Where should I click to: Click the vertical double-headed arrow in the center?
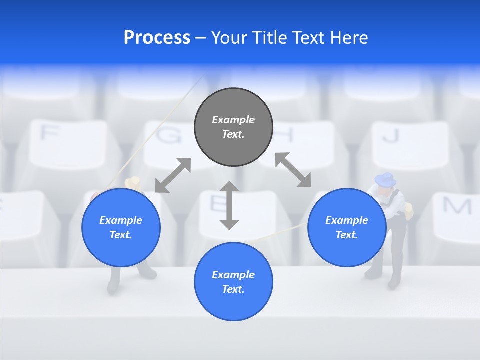229,205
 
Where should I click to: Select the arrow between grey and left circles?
173,175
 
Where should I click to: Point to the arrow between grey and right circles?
293,170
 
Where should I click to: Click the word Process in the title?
157,38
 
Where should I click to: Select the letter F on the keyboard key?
49,133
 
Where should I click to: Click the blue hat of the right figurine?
385,178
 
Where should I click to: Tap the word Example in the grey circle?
233,120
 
